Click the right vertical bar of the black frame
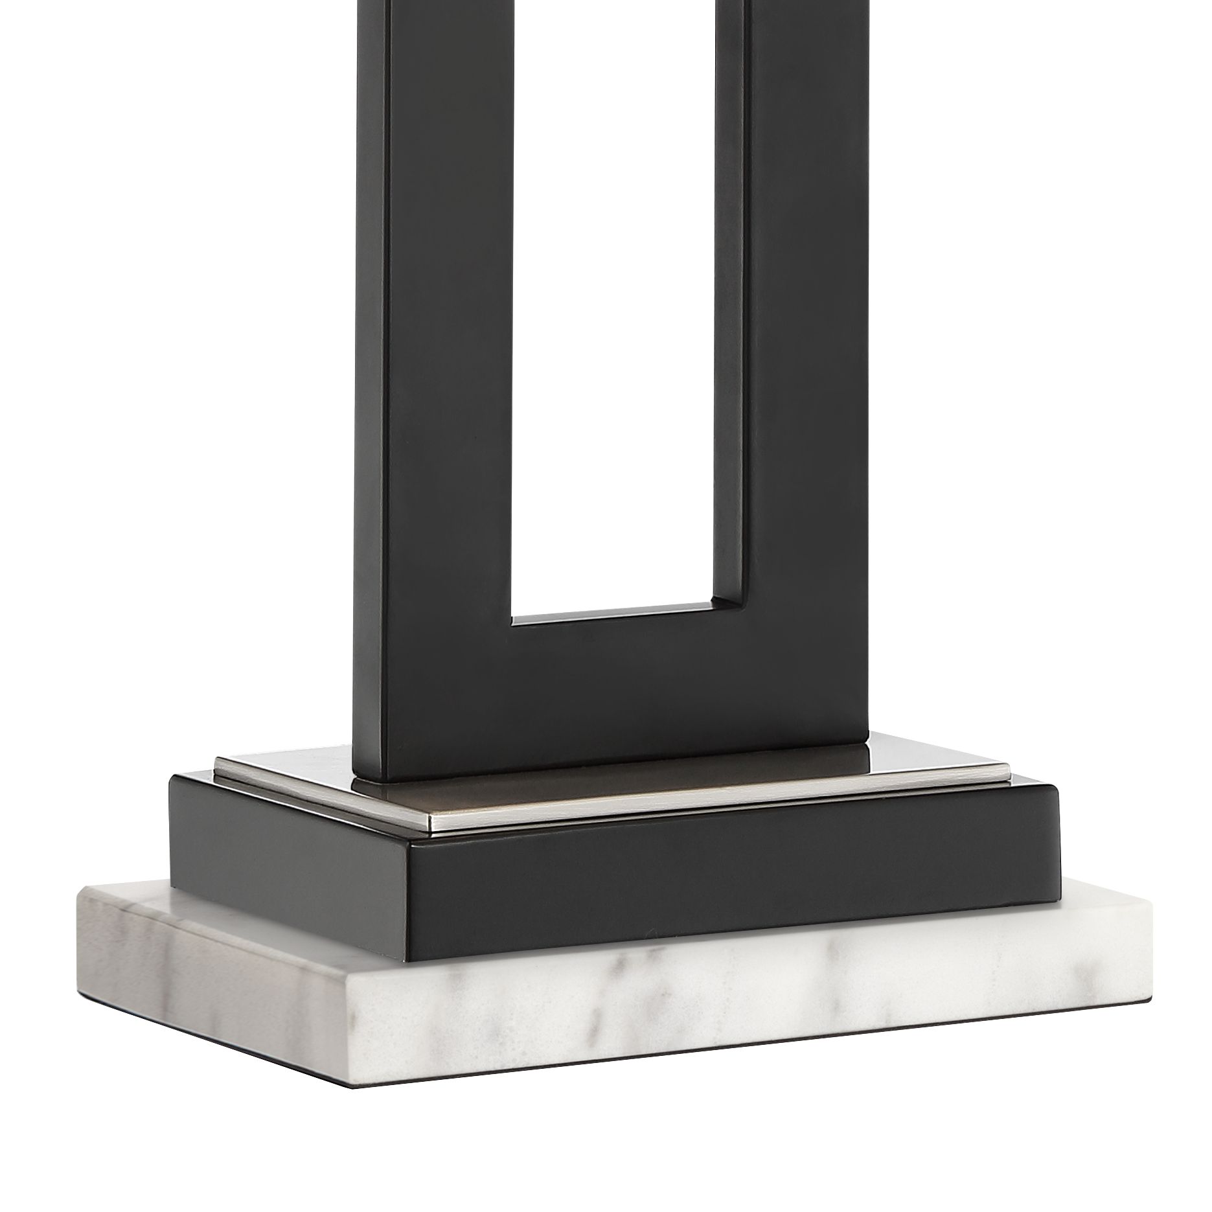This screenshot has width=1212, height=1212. [x=810, y=324]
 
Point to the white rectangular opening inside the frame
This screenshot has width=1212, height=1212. [x=612, y=324]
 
